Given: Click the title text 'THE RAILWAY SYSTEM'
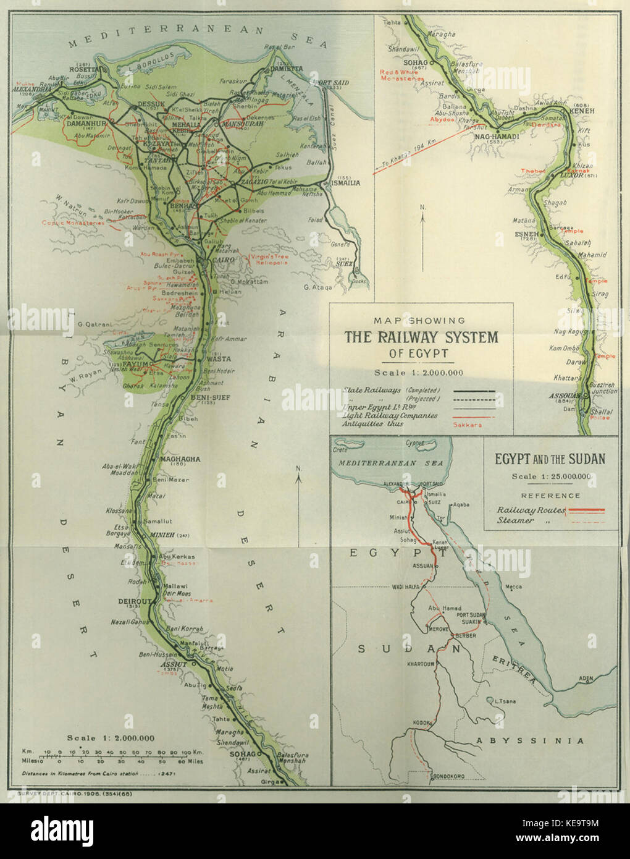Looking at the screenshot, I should [x=421, y=337].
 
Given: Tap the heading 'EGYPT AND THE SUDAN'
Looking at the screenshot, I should [x=550, y=459].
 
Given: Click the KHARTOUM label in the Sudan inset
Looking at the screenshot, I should [x=422, y=664].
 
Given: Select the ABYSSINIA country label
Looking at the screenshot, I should [x=529, y=740].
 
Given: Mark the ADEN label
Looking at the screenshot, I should [x=586, y=679].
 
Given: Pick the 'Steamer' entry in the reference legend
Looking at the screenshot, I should [x=515, y=520].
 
